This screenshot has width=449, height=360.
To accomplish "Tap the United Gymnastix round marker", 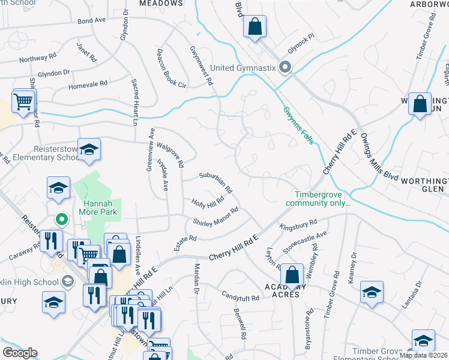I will [286, 68].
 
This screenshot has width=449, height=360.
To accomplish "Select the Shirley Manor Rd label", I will [216, 218].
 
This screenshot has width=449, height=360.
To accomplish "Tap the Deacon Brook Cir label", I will [172, 68].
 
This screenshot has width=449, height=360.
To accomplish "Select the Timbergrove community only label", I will [322, 199].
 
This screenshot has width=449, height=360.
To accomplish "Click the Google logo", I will [20, 352].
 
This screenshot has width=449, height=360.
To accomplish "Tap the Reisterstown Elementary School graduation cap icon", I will [89, 149].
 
